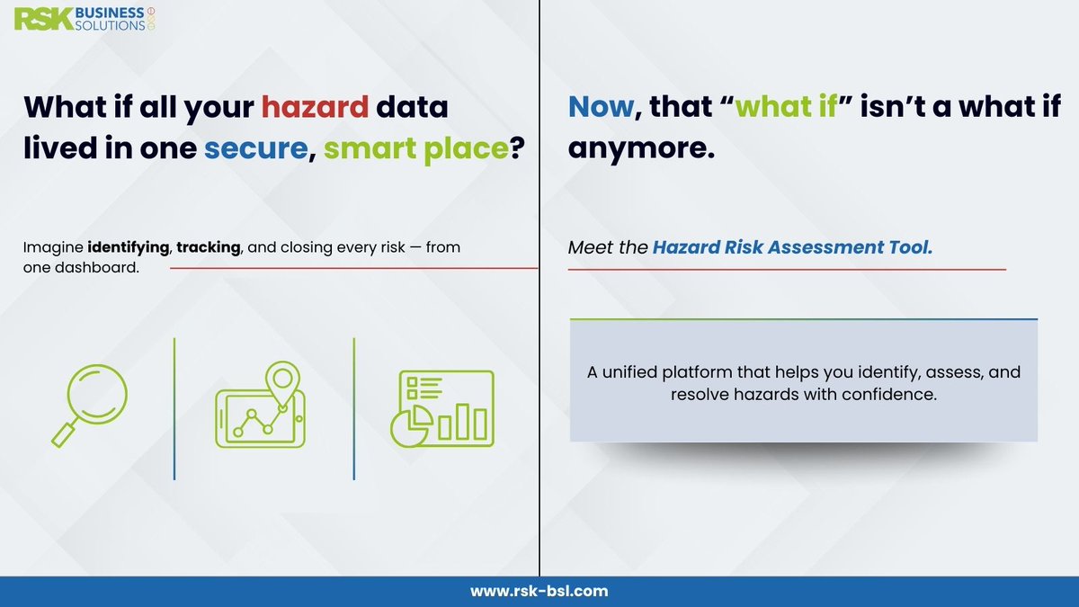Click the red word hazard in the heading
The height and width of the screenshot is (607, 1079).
point(315,107)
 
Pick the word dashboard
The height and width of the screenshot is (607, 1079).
point(105,267)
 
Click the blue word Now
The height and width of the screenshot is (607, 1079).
point(601,107)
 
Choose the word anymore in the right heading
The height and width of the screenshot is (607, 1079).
point(640,147)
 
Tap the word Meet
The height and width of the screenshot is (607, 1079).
point(588,247)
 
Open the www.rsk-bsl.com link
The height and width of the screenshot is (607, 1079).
point(539,591)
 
